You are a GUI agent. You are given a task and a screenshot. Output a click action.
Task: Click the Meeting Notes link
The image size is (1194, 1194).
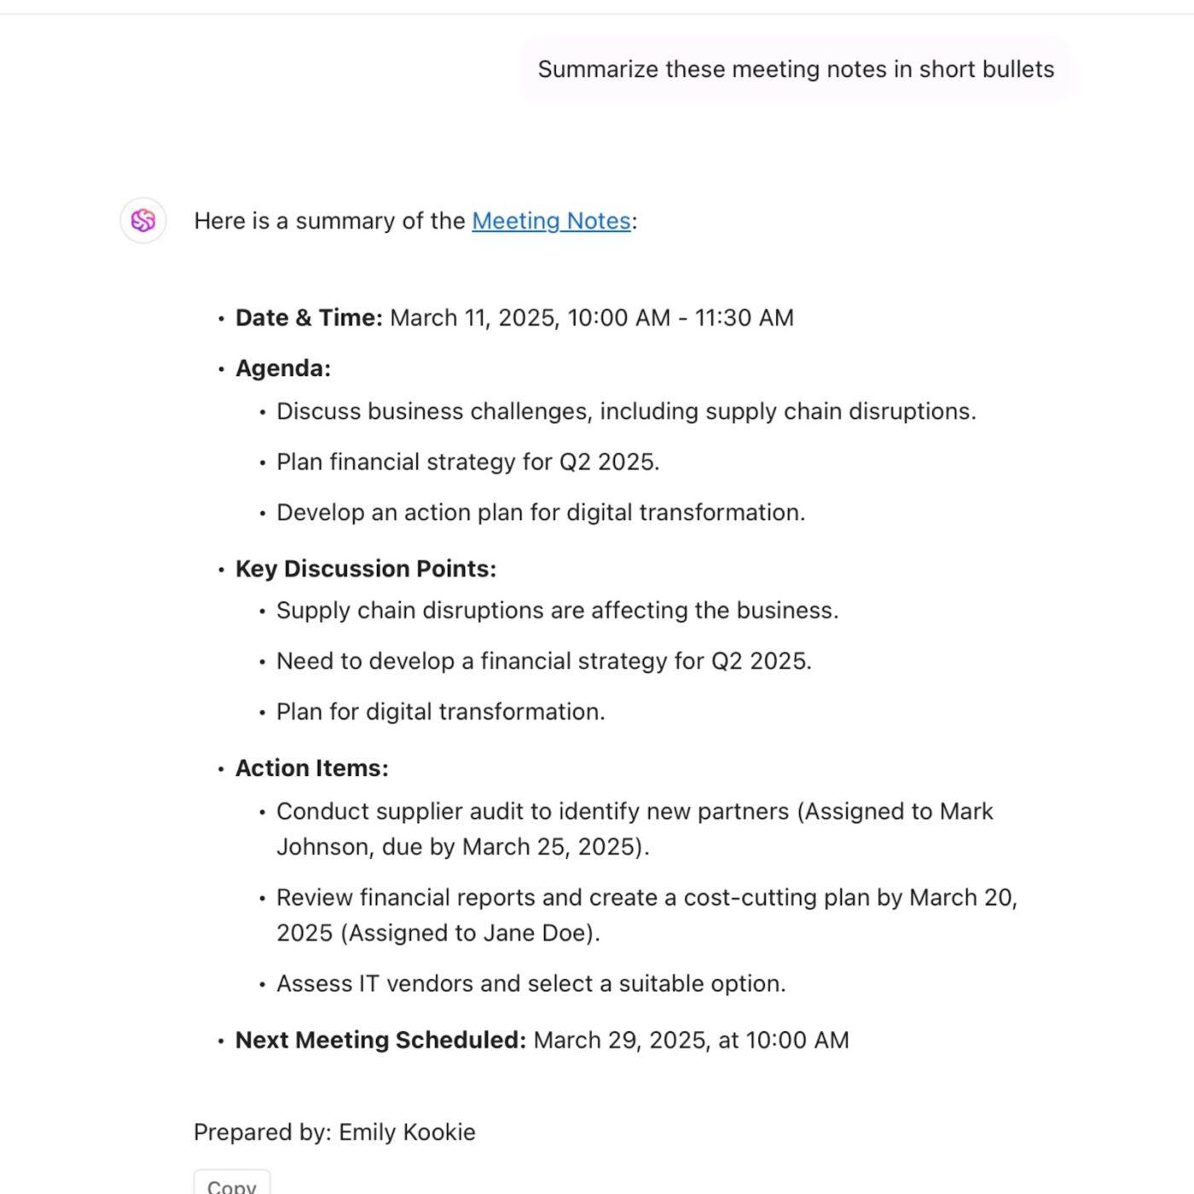[551, 221]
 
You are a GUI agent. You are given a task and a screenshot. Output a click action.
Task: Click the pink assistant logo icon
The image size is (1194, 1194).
[143, 221]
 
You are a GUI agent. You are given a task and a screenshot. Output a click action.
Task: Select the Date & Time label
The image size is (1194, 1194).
[309, 318]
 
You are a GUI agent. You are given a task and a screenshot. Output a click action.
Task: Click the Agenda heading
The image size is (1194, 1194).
[282, 368]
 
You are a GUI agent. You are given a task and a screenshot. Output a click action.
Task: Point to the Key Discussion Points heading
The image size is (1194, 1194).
[365, 569]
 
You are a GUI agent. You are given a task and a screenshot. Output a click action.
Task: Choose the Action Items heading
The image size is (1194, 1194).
[311, 768]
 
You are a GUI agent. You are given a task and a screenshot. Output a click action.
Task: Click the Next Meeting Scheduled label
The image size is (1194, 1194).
[380, 1040]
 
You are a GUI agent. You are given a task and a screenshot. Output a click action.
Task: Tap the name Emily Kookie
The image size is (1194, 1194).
[407, 1133]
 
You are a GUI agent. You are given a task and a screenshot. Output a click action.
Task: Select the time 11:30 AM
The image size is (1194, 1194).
[744, 318]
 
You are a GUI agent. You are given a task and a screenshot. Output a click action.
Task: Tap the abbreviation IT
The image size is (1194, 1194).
[368, 984]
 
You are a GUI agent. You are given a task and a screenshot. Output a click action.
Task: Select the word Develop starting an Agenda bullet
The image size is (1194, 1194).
[321, 513]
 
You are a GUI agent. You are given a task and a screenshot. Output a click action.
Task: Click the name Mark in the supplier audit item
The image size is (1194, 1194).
[966, 811]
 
